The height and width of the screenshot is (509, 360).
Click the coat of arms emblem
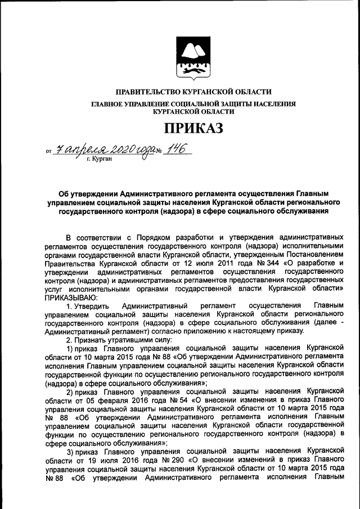pyautogui.click(x=193, y=57)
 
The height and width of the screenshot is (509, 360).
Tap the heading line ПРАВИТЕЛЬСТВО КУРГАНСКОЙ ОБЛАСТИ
pyautogui.click(x=193, y=92)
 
